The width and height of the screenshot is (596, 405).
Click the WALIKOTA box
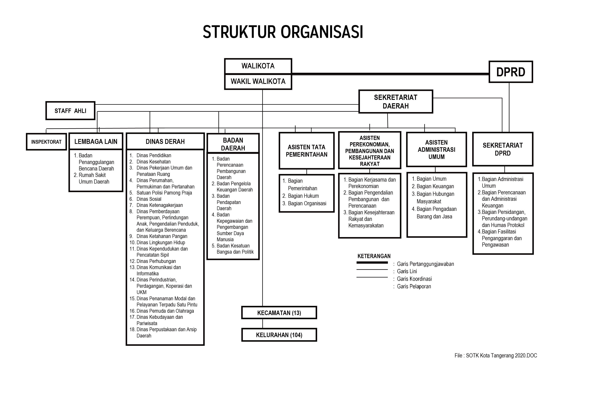[258, 66]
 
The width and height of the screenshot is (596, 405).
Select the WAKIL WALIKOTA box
[258, 82]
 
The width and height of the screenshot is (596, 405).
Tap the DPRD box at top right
[511, 72]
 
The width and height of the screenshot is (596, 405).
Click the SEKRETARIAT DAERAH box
[395, 101]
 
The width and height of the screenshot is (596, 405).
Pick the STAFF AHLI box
[70, 111]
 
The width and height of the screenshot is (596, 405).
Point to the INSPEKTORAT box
[46, 142]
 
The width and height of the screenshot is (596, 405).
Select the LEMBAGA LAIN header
[96, 142]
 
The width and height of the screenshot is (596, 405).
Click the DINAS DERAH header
[165, 142]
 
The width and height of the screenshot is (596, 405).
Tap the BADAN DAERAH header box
[233, 144]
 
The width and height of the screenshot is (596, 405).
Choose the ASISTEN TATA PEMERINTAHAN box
[307, 151]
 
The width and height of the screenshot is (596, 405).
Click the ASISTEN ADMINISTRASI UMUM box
[436, 149]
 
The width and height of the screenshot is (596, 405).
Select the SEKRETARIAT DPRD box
[502, 149]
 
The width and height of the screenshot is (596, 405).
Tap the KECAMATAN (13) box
[279, 313]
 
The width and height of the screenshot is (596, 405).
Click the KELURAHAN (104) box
[279, 335]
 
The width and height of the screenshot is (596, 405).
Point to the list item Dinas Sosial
[149, 199]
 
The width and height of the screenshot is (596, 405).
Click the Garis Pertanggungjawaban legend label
[425, 264]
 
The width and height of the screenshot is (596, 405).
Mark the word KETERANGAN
[374, 256]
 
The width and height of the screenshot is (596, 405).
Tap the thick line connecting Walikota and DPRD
[390, 74]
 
